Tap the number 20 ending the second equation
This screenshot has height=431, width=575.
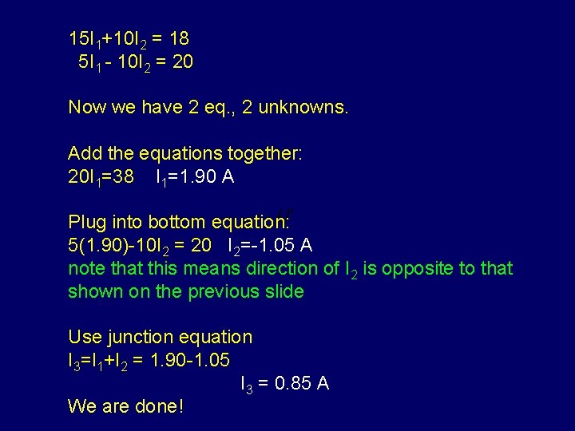[182, 61]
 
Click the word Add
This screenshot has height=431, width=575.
[85, 152]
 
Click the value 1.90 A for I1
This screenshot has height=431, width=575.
[205, 176]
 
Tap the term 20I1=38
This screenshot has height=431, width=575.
[101, 177]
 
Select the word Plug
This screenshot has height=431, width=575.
[86, 222]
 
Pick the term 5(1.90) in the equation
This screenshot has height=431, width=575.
[100, 244]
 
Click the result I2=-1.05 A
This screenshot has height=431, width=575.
[270, 245]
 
